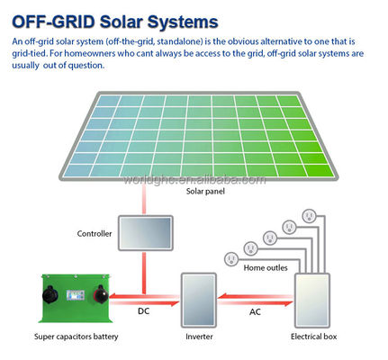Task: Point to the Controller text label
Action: pos(95,233)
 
